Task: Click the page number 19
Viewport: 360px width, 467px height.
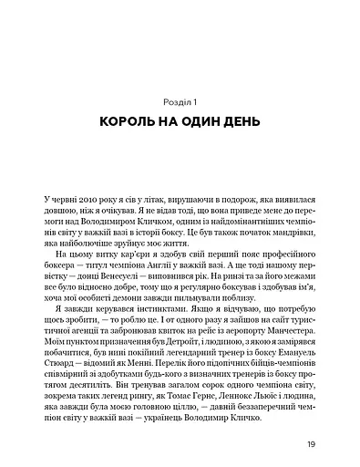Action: [x=311, y=446]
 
